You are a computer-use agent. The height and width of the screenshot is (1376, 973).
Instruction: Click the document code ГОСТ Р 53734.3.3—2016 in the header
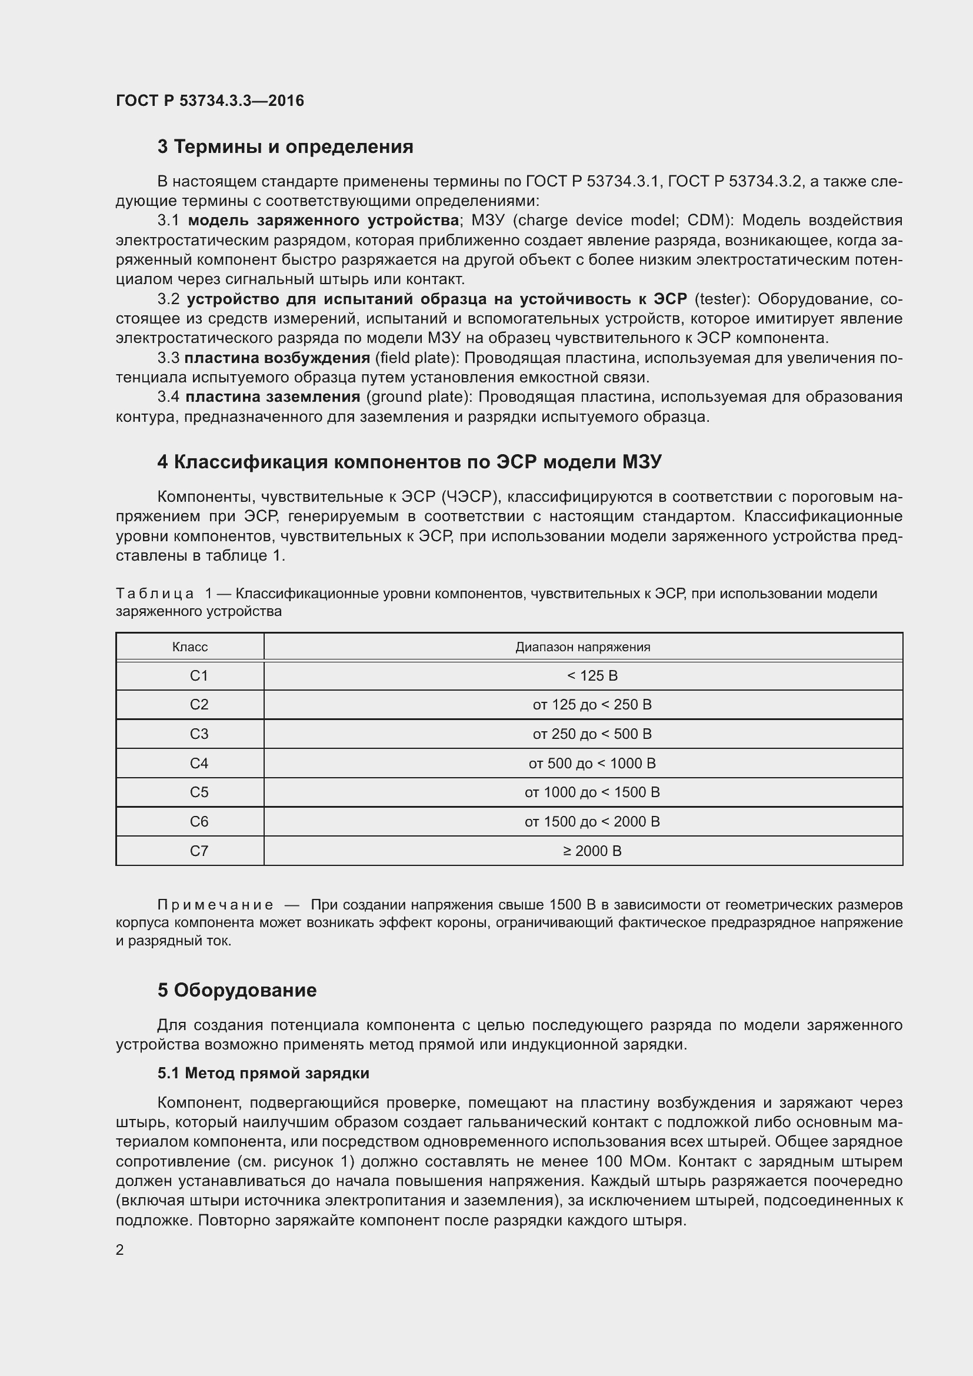pyautogui.click(x=209, y=101)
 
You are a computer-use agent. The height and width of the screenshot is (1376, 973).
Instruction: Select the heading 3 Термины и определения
pyautogui.click(x=285, y=147)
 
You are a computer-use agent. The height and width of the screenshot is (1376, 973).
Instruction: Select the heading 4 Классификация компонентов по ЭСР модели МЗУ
pyautogui.click(x=409, y=462)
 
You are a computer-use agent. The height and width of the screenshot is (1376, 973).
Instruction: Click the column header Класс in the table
pyautogui.click(x=190, y=647)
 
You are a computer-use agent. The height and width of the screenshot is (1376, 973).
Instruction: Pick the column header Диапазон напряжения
pyautogui.click(x=583, y=647)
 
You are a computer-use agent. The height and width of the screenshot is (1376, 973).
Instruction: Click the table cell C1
pyautogui.click(x=199, y=676)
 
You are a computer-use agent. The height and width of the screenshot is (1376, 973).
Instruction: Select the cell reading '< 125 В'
pyautogui.click(x=592, y=676)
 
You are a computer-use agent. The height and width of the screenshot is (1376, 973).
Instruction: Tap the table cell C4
pyautogui.click(x=199, y=764)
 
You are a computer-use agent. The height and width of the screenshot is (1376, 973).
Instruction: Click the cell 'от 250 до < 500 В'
pyautogui.click(x=592, y=734)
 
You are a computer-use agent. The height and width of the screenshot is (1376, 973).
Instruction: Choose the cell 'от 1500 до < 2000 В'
pyautogui.click(x=592, y=822)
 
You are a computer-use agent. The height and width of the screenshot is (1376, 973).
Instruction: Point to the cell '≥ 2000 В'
pyautogui.click(x=592, y=851)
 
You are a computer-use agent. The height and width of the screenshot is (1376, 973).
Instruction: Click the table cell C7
pyautogui.click(x=199, y=851)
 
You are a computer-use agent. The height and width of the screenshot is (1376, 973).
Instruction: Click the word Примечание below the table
pyautogui.click(x=215, y=905)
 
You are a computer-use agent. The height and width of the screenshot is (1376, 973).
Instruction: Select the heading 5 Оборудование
pyautogui.click(x=236, y=990)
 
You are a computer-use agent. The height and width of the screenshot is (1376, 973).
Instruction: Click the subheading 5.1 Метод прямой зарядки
pyautogui.click(x=263, y=1074)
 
